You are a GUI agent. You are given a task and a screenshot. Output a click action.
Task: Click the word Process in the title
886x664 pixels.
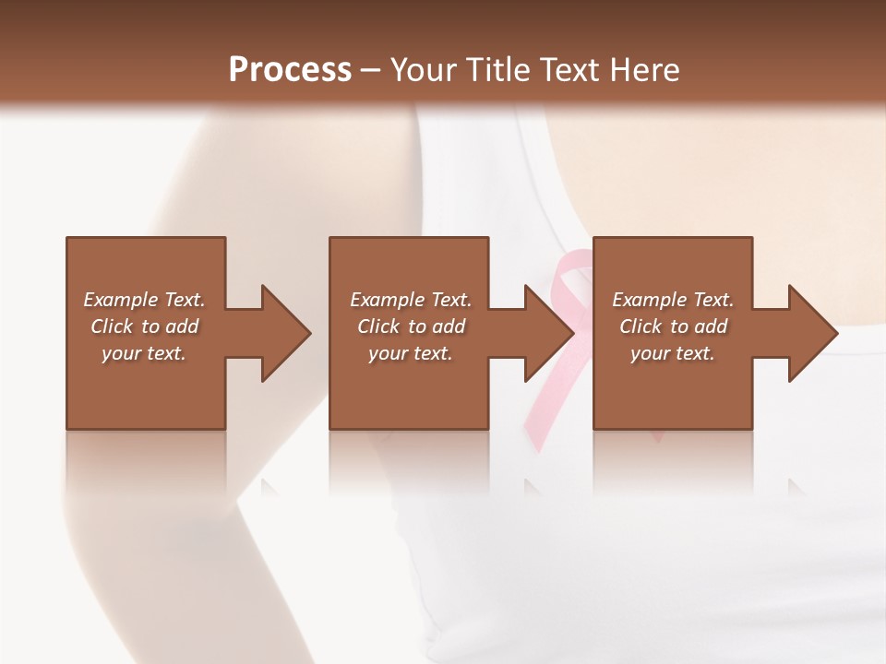point(290,70)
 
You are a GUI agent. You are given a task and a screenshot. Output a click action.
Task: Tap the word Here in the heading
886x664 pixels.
point(645,70)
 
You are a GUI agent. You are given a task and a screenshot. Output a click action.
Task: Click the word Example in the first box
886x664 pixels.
point(120,300)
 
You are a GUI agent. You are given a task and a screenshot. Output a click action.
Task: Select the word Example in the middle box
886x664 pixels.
point(387,300)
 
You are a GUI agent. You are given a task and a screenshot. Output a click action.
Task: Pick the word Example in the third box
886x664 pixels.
point(649,300)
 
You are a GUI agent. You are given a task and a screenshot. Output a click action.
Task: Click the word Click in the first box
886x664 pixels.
point(112,326)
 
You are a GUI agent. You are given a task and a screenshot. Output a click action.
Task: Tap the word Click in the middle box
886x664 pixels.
point(378,326)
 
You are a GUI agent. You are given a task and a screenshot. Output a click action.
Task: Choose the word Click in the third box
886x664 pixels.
point(641,326)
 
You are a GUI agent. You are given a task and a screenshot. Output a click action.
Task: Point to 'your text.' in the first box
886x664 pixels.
point(144,353)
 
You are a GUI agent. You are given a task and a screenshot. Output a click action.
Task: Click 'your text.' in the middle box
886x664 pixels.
point(411,353)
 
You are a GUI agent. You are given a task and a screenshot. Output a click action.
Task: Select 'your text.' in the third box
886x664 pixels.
point(673,353)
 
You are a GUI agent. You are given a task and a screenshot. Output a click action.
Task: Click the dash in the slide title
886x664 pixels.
point(371,70)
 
